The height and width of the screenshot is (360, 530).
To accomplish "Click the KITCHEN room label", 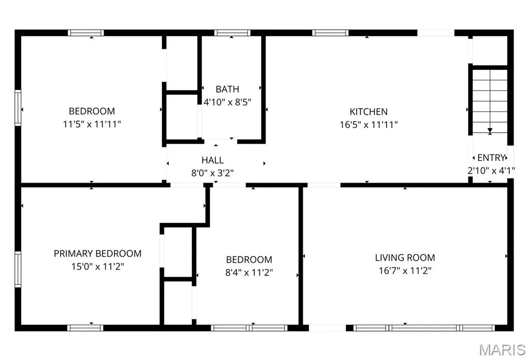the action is click(369, 111).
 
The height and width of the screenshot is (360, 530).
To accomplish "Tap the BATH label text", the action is click(227, 89).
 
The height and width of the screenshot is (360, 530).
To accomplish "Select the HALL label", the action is click(212, 160).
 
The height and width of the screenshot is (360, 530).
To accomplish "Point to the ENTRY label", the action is click(491, 158).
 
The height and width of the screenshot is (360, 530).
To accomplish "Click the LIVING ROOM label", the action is click(405, 258).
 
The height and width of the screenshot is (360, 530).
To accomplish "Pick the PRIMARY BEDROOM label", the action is click(98, 253).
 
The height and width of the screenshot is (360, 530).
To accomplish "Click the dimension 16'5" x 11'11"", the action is click(369, 125).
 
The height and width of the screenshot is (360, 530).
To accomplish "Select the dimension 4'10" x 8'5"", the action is click(227, 102).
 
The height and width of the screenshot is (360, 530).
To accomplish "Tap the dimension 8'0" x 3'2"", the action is click(212, 173).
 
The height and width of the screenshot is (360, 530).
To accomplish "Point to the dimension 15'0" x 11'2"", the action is click(98, 266).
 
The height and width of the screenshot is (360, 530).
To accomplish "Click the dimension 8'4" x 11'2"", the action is click(249, 272).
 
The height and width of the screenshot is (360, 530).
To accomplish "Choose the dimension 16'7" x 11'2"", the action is click(405, 271).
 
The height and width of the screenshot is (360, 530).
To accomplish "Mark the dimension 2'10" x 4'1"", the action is click(491, 171).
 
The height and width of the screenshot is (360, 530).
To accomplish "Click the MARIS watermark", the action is click(502, 350).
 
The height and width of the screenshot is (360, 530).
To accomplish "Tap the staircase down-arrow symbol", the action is click(490, 131).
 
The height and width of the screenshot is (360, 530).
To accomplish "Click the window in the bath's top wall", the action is click(232, 33).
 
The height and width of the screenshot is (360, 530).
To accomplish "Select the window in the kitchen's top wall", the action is click(330, 33).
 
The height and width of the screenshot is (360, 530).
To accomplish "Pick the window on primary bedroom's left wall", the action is click(18, 269).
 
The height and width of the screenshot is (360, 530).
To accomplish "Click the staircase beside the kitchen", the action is click(490, 101).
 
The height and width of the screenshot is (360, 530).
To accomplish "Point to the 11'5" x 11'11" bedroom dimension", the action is click(92, 124).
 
